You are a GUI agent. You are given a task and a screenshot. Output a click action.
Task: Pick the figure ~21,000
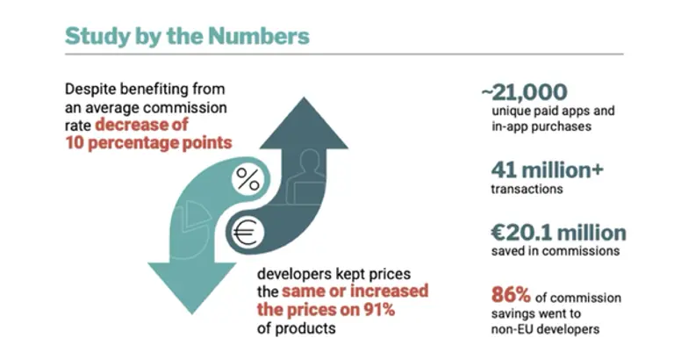(524, 92)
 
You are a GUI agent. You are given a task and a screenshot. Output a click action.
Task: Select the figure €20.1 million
(557, 233)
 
